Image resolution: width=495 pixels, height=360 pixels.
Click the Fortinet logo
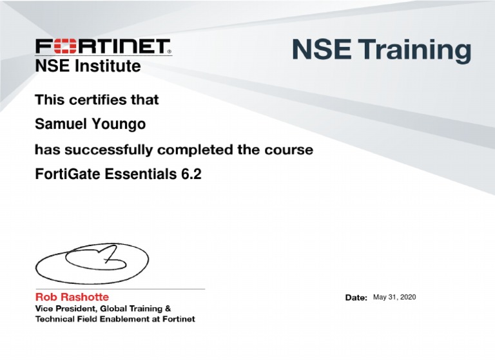103,47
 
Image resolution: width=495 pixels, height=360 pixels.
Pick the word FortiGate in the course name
63,174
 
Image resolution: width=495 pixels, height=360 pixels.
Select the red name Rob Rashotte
72,298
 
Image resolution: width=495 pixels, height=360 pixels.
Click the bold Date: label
356,298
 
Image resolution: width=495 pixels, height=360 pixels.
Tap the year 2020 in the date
407,297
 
